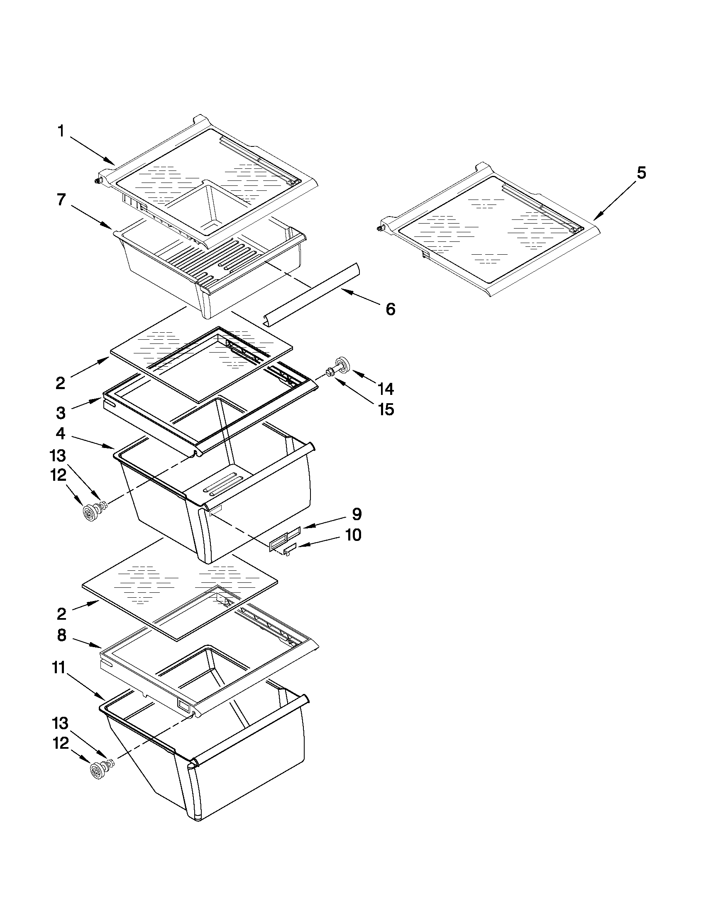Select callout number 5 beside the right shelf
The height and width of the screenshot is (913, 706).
click(x=641, y=173)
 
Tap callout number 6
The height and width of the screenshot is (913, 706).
click(x=390, y=309)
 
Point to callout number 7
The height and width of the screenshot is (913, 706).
click(x=61, y=200)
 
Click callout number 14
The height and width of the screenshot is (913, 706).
click(x=386, y=389)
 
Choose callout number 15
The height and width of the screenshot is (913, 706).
click(x=386, y=410)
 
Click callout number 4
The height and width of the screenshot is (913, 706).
click(x=61, y=434)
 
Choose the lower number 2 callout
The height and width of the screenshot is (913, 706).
click(x=61, y=614)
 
